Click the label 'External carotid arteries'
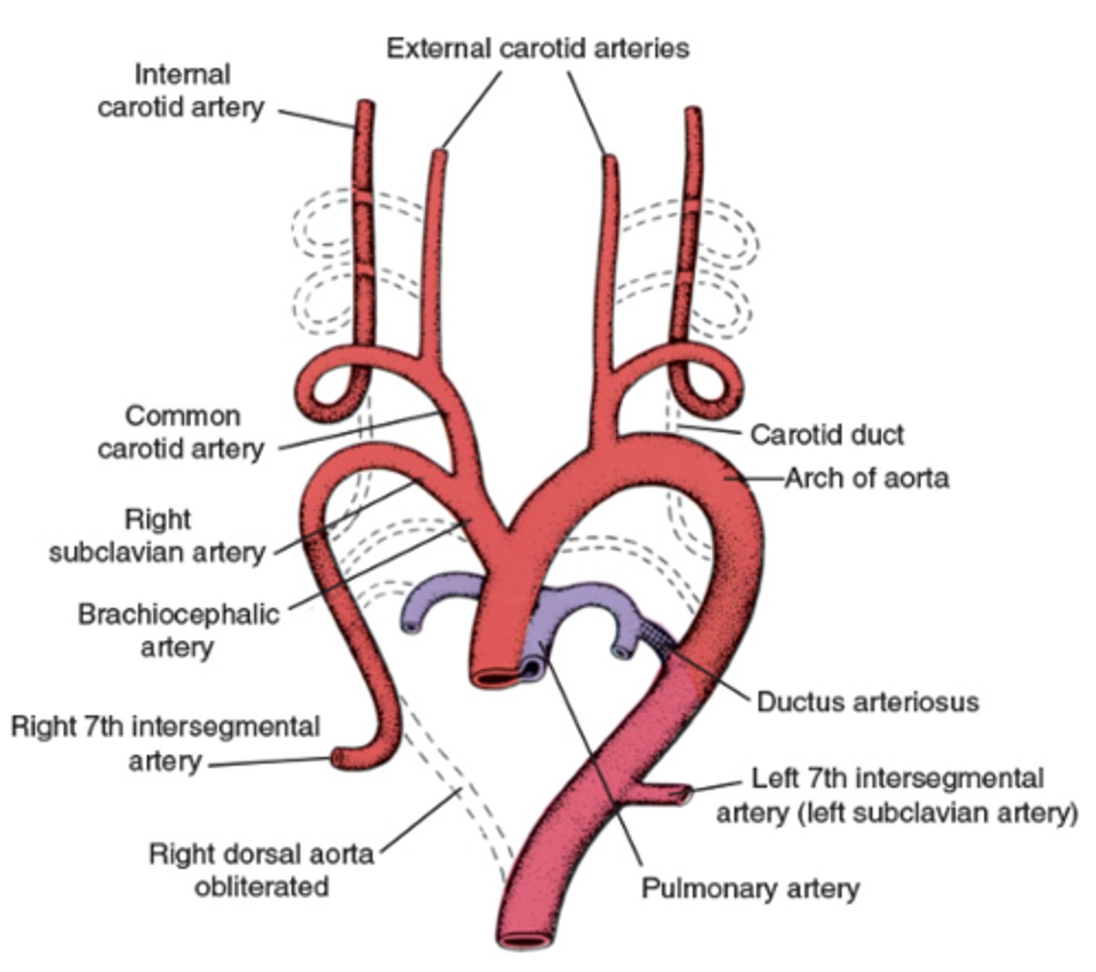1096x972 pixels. [537, 49]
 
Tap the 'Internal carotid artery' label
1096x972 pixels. [181, 91]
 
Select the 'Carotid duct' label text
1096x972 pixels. [826, 435]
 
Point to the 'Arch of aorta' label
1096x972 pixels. [867, 478]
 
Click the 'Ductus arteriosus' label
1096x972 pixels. [867, 701]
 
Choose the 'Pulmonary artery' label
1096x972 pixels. [750, 889]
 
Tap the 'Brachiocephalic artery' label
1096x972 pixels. [178, 630]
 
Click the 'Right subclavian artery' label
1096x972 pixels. [157, 536]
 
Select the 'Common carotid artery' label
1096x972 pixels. [181, 432]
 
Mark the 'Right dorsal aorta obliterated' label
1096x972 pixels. [261, 870]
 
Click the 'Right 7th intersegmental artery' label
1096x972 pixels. [165, 744]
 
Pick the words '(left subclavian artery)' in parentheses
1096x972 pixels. [897, 812]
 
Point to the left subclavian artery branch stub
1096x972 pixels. [676, 794]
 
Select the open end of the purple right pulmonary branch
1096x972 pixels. [412, 625]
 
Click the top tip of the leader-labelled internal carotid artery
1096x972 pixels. [366, 106]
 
